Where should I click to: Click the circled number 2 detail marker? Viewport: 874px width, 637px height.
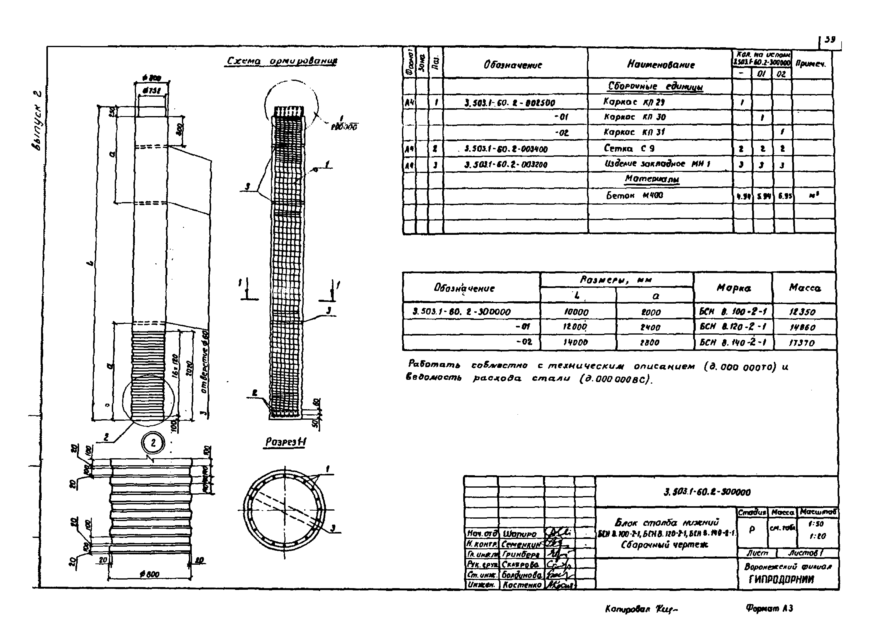153,443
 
